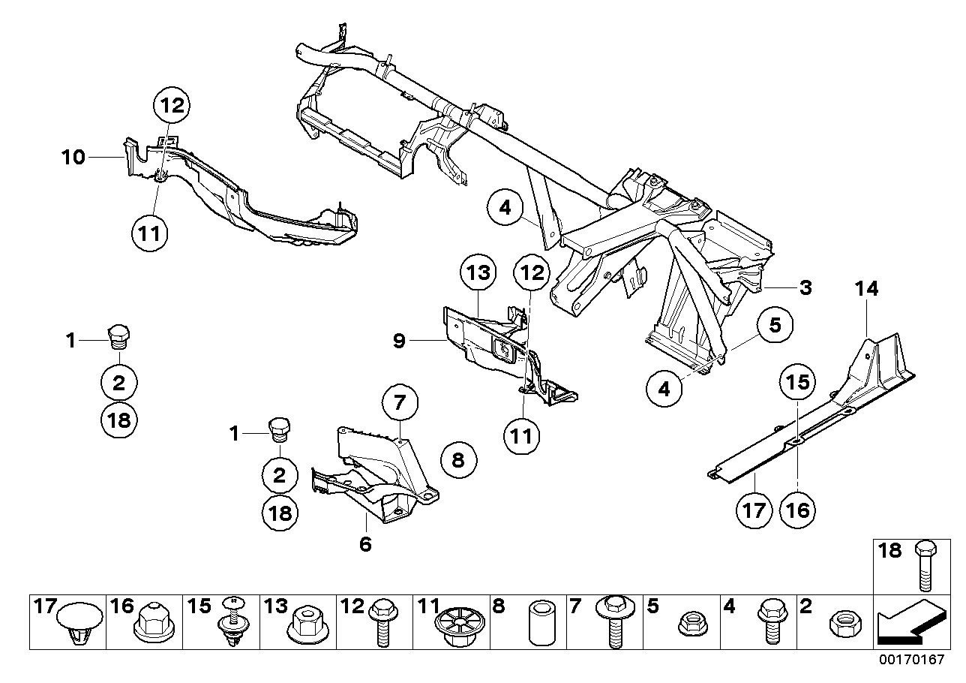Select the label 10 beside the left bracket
coord(73,158)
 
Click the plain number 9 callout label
coord(399,342)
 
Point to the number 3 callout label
coord(805,287)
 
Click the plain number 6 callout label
coord(365,544)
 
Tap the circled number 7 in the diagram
coord(398,404)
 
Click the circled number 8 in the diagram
coord(457,460)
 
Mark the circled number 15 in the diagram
coord(796,383)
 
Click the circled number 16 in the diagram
coord(796,510)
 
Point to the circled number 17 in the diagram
coord(754,510)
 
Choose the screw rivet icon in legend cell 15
coord(231,622)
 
